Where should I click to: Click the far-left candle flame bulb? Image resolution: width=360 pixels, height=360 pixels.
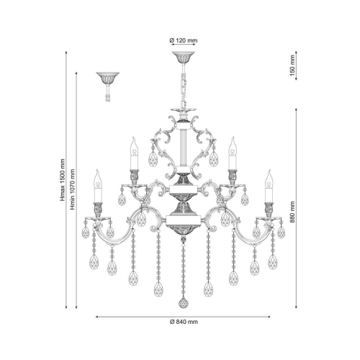[x=96, y=176]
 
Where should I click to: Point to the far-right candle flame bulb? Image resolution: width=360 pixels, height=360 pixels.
[x=269, y=176]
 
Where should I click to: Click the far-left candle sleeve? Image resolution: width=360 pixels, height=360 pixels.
[x=97, y=193]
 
